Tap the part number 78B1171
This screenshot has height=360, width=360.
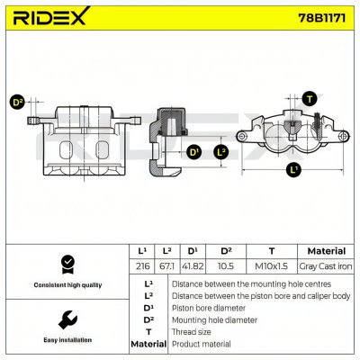click(321, 18)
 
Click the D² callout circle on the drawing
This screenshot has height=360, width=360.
click(17, 103)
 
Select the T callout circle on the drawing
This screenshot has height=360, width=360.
click(310, 99)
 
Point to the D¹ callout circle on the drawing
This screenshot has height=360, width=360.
click(194, 152)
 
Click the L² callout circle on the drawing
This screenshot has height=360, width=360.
click(221, 152)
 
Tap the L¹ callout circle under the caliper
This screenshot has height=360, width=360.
click(293, 169)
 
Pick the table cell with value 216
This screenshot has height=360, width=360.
click(142, 266)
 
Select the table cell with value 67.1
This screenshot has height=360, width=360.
click(166, 266)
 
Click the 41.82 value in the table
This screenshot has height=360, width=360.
click(193, 266)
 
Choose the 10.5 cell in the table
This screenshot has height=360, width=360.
click(226, 266)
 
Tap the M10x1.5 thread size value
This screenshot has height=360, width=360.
click(271, 266)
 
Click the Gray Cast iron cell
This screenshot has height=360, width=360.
click(326, 266)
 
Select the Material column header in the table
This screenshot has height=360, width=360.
click(327, 251)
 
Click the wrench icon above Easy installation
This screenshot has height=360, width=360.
click(67, 319)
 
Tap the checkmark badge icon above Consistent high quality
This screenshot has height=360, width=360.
click(67, 265)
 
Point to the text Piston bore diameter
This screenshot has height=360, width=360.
click(209, 308)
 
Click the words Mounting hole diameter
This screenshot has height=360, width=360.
click(214, 320)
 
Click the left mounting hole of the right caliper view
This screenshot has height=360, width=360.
click(241, 137)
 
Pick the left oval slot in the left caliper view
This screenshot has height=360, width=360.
click(66, 149)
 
